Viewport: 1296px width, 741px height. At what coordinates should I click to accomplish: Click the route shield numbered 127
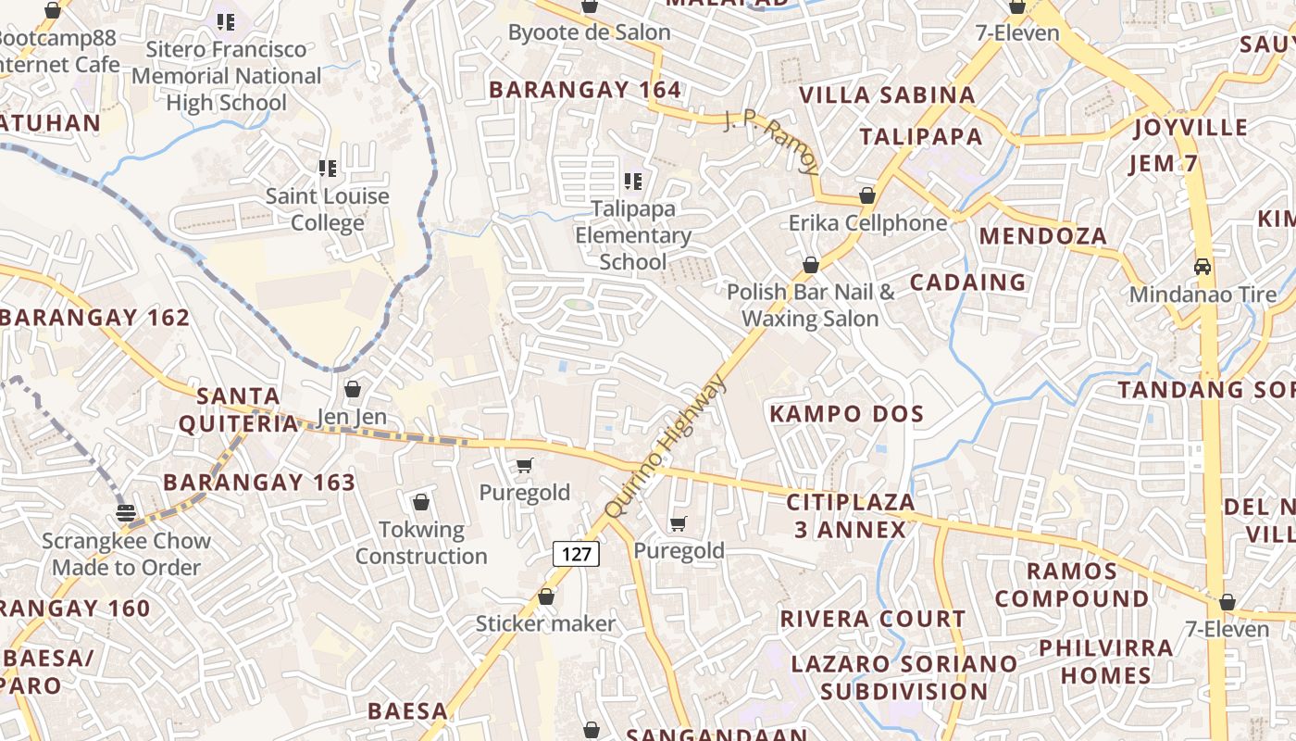[576, 554]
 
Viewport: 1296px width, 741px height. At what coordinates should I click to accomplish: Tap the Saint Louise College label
[327, 209]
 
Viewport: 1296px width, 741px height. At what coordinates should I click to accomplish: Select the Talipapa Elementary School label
[633, 235]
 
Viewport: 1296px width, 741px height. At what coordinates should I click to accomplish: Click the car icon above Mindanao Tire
[1203, 267]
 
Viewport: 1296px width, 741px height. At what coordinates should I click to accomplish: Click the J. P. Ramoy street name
[771, 144]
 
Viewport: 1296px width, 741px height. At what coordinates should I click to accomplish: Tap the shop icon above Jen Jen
[352, 389]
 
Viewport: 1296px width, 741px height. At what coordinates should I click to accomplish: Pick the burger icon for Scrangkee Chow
[126, 513]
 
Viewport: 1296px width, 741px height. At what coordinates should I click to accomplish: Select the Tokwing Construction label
[421, 543]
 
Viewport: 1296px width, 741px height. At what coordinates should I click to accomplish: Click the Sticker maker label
[545, 623]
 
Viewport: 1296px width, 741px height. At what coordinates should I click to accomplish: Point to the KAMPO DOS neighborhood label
[847, 414]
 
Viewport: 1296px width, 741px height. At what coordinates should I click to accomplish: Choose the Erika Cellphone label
[867, 223]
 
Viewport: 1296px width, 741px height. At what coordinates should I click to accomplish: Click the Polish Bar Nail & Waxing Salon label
[811, 306]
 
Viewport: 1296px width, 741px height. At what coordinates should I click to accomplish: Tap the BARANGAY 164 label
[585, 90]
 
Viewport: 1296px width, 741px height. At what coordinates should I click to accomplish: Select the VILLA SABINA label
[887, 94]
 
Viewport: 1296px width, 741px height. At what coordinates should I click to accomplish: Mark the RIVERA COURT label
[873, 619]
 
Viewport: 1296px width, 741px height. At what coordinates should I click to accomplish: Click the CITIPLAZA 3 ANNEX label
[850, 516]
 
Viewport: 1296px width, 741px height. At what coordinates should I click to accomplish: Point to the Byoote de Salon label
[589, 32]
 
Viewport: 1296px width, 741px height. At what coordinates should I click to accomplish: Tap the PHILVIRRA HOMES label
[1105, 661]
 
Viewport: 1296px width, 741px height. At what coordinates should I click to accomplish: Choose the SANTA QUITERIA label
[238, 410]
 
